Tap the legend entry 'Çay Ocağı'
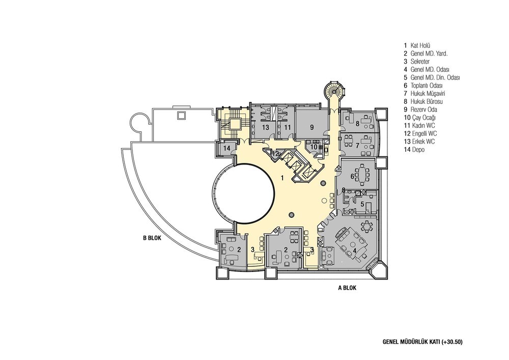coord(424,118)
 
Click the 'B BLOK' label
coord(152,237)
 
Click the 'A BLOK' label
coord(347,287)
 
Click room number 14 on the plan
coord(227,148)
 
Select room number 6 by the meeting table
coord(352,176)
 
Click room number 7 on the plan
coord(358,145)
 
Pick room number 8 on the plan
coord(358,123)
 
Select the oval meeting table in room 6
coord(363,176)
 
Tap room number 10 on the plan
coord(314,147)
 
